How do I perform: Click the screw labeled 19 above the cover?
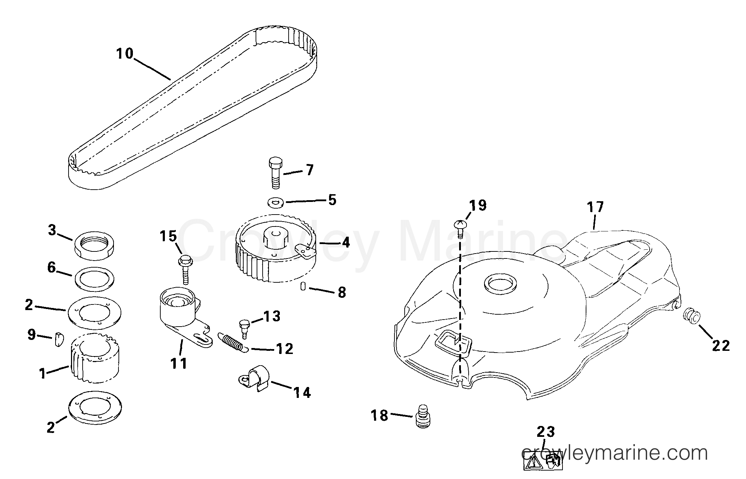point(460,229)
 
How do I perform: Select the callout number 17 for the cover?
point(595,207)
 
